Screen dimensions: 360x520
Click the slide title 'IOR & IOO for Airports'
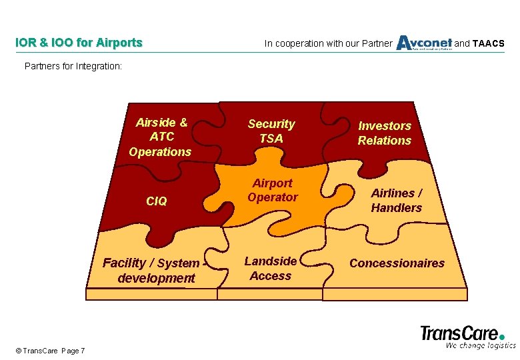(79, 43)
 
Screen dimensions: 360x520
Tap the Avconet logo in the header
(424, 43)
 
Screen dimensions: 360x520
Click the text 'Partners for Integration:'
(73, 66)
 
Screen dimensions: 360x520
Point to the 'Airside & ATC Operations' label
(161, 137)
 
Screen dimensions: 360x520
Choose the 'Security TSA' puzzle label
(271, 131)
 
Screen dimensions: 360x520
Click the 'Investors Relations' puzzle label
(384, 133)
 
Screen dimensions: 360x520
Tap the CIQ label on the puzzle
(156, 201)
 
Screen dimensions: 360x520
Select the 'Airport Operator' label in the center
(272, 190)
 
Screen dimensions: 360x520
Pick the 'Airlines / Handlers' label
(397, 200)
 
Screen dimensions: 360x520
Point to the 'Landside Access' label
(270, 268)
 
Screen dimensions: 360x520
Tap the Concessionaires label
(397, 263)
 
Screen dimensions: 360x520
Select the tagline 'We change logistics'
(481, 345)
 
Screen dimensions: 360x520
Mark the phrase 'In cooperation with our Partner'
(328, 44)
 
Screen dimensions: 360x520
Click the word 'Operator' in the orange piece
(272, 197)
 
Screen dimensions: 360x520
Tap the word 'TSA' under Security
(271, 139)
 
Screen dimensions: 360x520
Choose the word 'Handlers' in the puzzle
(397, 208)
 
